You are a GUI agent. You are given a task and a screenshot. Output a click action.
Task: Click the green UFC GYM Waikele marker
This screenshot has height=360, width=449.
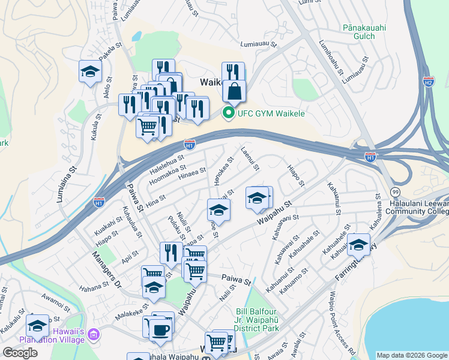coord(228,112)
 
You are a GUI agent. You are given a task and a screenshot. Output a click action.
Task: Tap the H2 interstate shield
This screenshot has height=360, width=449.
coord(428,81)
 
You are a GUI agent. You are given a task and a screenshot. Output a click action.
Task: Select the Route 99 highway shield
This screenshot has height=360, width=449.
coord(395,191)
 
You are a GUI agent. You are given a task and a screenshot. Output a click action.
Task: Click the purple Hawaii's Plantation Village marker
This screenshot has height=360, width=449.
coord(93,334)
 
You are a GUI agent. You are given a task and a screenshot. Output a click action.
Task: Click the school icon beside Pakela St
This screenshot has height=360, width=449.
coord(90,71)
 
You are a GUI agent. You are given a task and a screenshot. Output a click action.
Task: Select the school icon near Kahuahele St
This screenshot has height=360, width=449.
coord(358,244)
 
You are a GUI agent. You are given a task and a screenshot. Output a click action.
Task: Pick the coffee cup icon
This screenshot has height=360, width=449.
coord(160,329)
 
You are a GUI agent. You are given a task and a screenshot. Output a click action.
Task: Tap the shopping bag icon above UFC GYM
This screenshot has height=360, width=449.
coord(234,92)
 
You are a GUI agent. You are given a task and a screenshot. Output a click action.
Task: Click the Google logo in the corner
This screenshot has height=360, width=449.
coord(20,353)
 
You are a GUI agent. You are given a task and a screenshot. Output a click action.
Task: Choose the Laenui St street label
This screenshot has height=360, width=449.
coord(250,160)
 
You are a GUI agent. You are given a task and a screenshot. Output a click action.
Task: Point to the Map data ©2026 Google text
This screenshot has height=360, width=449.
coord(411,355)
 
